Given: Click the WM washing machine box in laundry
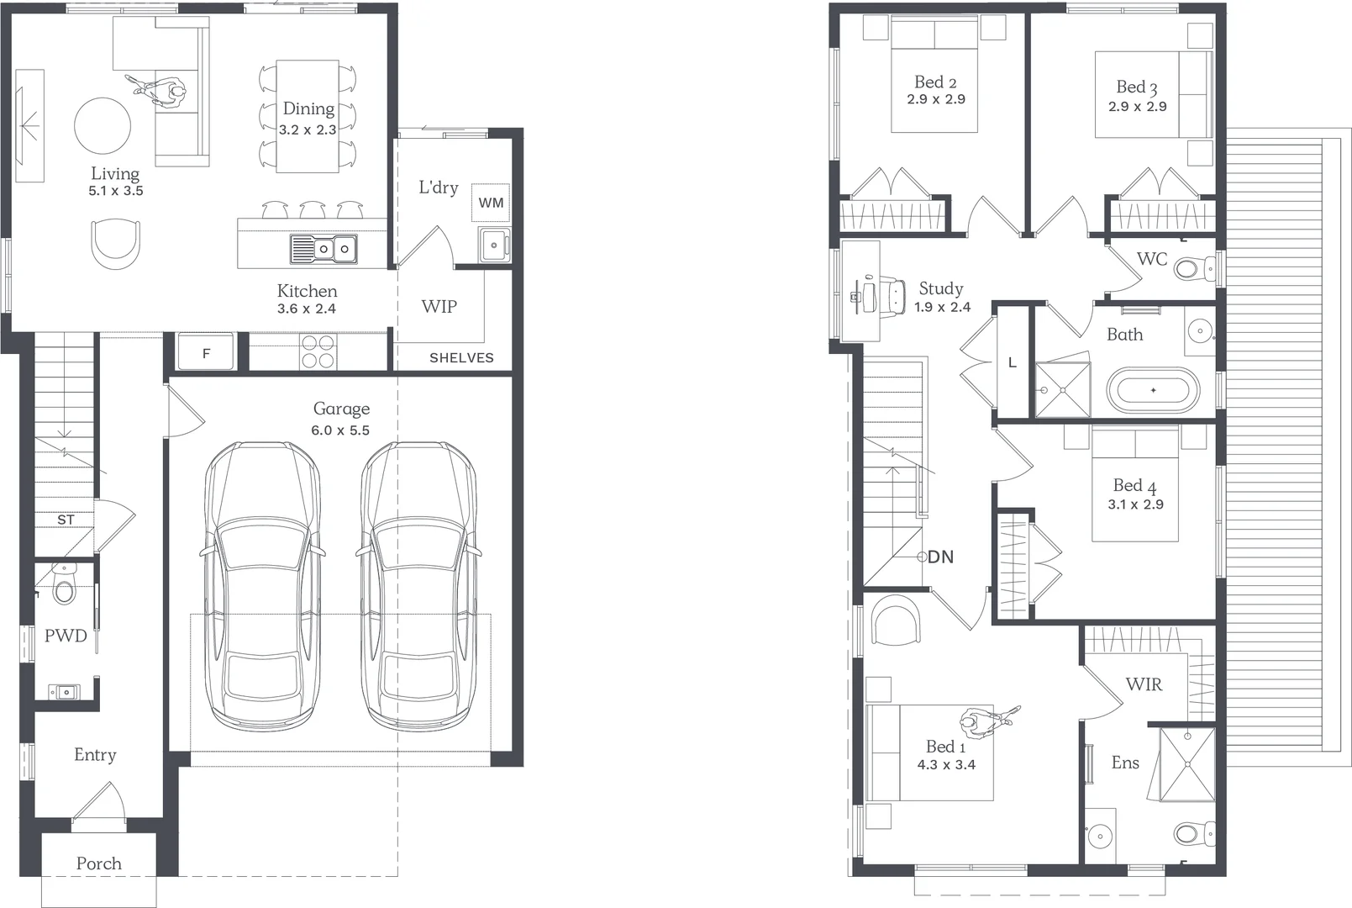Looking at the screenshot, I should pos(491,203).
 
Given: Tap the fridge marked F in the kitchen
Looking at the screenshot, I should pos(206,353).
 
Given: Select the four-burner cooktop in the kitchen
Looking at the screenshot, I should pos(318,351).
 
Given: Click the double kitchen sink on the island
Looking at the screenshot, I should pos(324,249).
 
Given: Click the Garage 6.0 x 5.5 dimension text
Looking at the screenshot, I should pos(340,430).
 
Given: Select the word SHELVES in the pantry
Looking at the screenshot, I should pos(461,358).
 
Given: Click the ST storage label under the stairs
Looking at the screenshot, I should pos(66,520).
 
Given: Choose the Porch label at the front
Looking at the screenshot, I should pos(98,863).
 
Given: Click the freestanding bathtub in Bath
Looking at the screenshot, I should pos(1153,391).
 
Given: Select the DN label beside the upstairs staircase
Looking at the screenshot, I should pos(940,557).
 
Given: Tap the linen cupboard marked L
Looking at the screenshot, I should pos(1012,362).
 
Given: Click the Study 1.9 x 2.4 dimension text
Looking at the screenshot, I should pos(942,308).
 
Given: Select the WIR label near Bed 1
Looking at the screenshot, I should pos(1144,684).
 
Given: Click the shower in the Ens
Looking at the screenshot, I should pos(1187,764).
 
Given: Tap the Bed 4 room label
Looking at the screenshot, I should pos(1134,486).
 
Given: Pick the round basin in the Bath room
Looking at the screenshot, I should pos(1200,331).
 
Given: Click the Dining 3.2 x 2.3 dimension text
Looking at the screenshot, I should pos(308,130).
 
